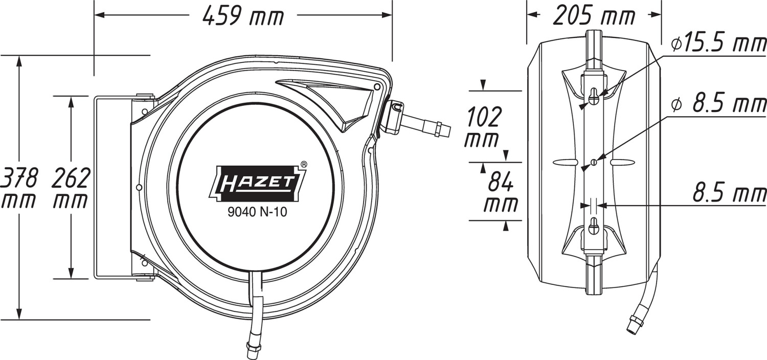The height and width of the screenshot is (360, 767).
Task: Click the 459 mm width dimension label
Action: [x=243, y=16]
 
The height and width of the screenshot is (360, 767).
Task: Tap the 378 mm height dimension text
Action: [x=18, y=188]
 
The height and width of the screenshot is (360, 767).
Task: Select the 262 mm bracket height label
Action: [x=71, y=188]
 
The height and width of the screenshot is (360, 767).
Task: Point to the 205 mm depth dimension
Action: [x=594, y=15]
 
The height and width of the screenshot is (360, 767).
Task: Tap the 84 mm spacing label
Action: [x=500, y=192]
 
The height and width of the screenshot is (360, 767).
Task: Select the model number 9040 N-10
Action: [x=257, y=212]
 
